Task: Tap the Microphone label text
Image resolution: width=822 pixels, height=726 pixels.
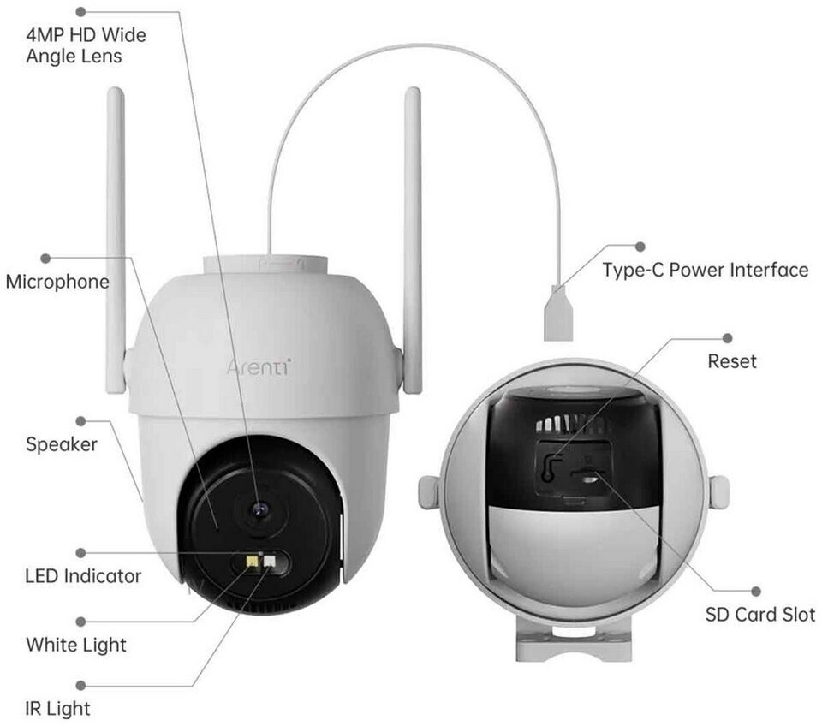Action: click(57, 282)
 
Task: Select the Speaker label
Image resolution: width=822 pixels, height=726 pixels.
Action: click(61, 444)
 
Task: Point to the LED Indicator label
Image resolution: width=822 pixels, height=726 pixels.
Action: click(83, 576)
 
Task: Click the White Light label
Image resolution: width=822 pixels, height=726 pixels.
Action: click(76, 644)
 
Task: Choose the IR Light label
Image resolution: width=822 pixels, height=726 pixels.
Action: click(57, 708)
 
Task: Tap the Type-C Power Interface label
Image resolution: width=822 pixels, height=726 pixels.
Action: click(705, 271)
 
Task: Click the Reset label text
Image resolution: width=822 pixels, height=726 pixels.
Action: click(731, 361)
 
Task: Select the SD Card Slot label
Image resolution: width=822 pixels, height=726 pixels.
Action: click(760, 614)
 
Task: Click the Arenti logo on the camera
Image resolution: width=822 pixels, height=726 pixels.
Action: click(258, 367)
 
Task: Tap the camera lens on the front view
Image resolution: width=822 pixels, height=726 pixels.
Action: click(259, 510)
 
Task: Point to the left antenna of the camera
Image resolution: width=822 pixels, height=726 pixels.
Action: click(116, 240)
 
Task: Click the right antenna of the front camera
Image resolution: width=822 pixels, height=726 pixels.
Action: click(413, 240)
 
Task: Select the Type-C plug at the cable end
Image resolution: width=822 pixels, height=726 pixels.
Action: click(557, 314)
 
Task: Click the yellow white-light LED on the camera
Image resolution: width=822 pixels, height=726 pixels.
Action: click(254, 562)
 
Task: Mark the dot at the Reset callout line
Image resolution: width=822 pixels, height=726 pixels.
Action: click(728, 339)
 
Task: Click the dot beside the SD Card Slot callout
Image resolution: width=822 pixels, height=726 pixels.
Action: click(756, 591)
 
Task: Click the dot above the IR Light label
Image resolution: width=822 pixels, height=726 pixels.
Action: click(81, 685)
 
